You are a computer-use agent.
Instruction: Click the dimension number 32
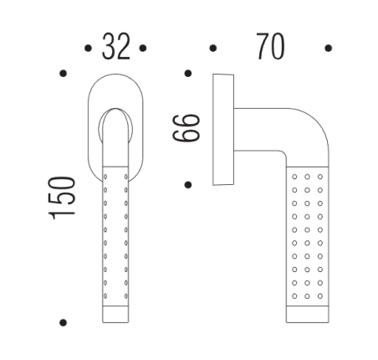[116, 48]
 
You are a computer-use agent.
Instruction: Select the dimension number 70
[270, 48]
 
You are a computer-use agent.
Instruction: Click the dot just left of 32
[88, 49]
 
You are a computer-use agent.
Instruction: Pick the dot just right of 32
[144, 49]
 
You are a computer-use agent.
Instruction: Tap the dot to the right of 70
[328, 49]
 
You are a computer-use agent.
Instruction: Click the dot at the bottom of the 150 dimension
[64, 321]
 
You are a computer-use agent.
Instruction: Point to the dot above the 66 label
[190, 74]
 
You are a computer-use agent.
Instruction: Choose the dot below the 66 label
[190, 183]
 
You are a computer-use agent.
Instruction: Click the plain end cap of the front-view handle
[116, 314]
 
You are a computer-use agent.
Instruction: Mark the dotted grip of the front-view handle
[116, 234]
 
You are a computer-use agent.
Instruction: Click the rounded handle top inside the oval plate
[116, 126]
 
